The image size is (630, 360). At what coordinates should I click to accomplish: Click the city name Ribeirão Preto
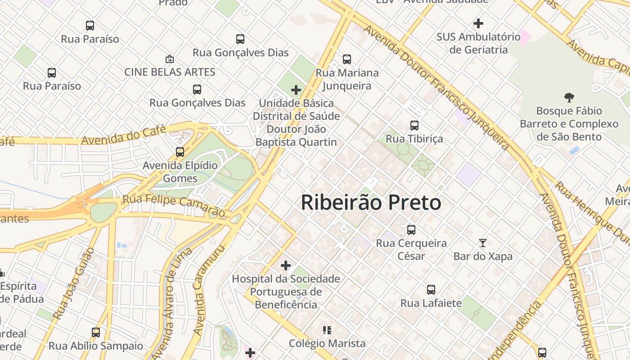371,202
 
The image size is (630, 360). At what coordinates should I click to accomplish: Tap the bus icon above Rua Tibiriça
414,126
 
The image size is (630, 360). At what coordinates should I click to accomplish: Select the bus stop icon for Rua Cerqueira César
411,230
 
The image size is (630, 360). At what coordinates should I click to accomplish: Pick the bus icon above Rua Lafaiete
431,290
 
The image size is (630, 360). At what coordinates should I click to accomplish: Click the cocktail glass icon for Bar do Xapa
483,243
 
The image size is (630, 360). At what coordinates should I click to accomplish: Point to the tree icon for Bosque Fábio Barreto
569,97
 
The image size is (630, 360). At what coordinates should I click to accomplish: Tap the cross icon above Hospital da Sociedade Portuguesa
286,265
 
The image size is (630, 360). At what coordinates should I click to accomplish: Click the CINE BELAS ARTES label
170,72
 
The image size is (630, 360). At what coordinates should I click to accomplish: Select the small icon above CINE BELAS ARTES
170,59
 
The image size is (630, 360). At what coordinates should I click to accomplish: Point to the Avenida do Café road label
124,135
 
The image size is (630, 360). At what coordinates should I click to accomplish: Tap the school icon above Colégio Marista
327,331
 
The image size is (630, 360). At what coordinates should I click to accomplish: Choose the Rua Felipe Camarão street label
174,205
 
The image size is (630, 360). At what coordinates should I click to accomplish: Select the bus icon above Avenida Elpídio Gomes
180,152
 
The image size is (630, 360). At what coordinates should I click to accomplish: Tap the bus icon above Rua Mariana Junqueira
347,59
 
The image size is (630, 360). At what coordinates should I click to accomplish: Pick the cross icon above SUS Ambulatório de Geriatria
478,23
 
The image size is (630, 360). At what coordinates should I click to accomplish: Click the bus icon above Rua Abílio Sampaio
96,333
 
